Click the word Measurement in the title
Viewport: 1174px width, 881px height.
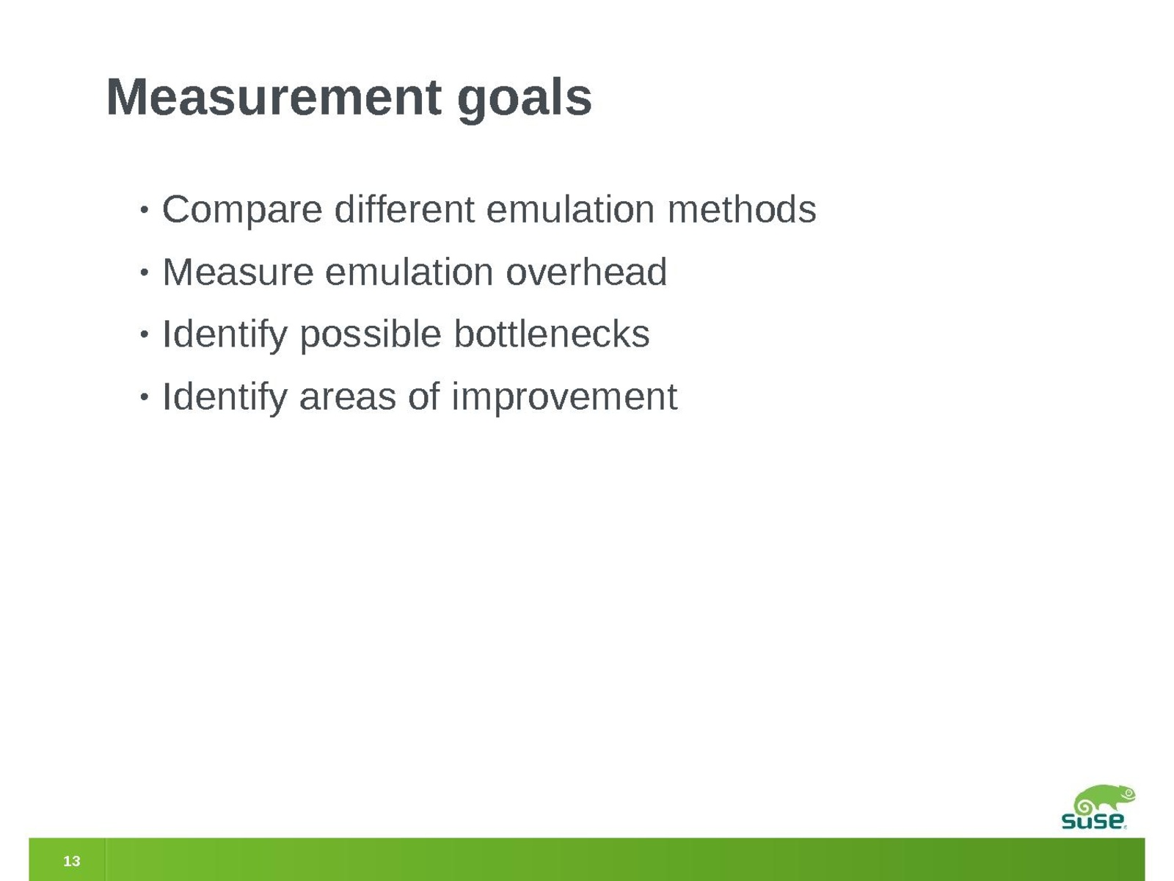(274, 97)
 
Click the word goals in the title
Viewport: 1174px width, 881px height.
(525, 101)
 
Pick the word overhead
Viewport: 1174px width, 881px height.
(586, 272)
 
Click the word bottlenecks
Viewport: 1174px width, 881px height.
(552, 334)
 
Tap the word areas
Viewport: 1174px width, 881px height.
(348, 398)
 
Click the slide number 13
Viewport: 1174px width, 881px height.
(72, 860)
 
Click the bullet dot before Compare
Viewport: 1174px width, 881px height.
(143, 210)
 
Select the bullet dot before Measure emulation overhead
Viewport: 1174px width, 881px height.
(143, 272)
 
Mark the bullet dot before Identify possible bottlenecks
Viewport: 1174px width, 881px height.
(143, 335)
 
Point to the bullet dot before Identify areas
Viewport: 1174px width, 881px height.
(143, 397)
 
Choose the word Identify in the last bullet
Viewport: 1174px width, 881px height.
(225, 398)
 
